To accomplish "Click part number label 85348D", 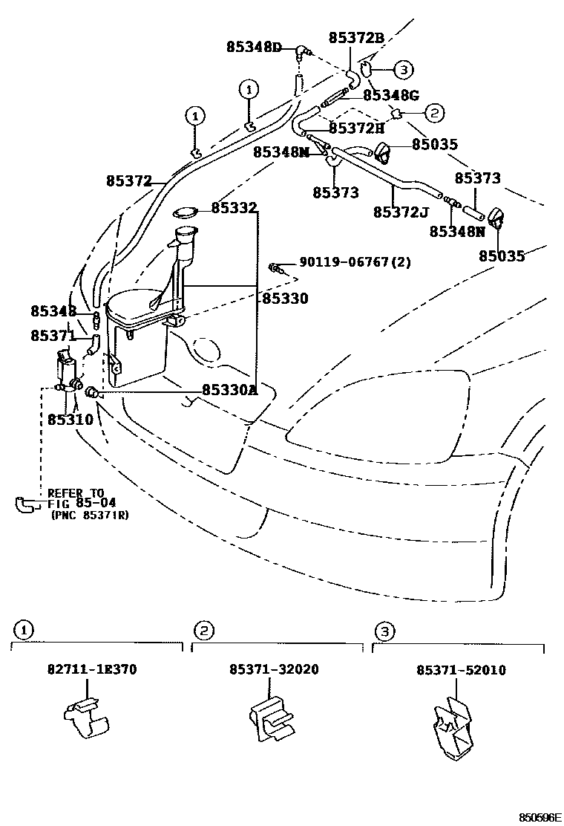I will tap(254, 48).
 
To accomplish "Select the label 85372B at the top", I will tap(356, 36).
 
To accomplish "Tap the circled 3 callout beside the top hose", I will tap(402, 70).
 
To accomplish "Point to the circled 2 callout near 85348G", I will tap(434, 113).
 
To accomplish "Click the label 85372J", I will tap(401, 212).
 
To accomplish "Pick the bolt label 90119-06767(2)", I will tap(355, 262).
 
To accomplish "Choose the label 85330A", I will tap(229, 391).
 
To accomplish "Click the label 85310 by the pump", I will tap(70, 420).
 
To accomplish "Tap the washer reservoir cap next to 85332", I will tap(186, 214).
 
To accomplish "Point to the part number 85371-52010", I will tap(461, 670).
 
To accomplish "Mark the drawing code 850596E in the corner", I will tap(540, 817).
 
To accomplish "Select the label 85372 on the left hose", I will tap(128, 181).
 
